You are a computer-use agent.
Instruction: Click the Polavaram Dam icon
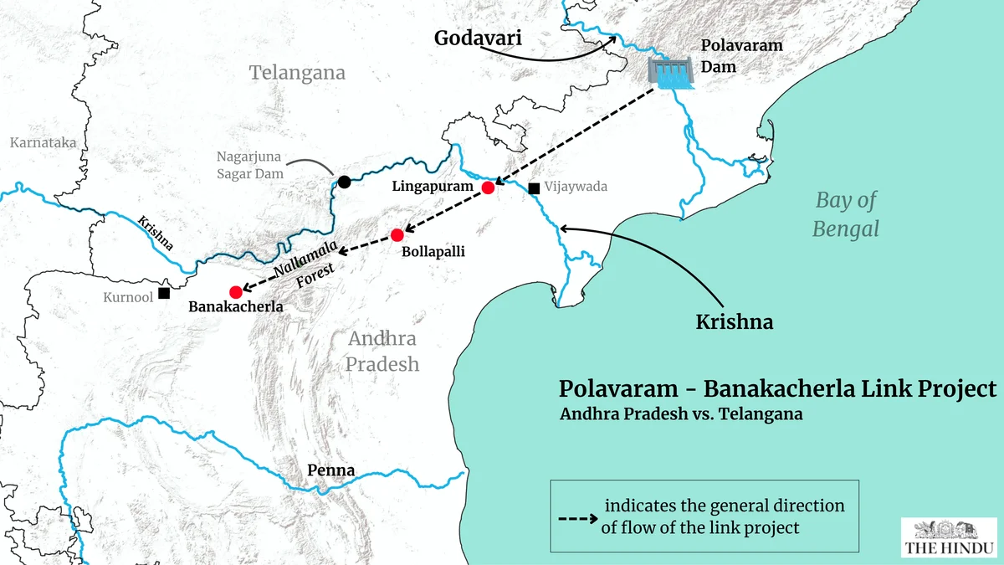(670, 74)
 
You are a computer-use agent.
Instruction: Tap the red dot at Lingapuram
(488, 187)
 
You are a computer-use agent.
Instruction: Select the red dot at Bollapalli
(397, 235)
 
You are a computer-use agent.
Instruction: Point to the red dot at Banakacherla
(236, 291)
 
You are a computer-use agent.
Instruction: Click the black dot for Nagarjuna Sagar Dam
(344, 182)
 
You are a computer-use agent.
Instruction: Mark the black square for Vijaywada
(534, 187)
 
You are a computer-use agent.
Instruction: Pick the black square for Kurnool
(164, 293)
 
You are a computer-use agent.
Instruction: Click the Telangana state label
(297, 73)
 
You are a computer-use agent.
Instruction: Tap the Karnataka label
(43, 142)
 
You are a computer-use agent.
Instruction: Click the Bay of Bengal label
(846, 213)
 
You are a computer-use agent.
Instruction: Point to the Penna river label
(330, 470)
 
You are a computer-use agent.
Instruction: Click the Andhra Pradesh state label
(382, 352)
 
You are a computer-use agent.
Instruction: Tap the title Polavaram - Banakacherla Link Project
(777, 389)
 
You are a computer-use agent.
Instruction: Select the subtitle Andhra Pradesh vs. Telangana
(681, 414)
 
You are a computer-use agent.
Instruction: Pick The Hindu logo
(949, 537)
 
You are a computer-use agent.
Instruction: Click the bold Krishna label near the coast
(735, 321)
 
